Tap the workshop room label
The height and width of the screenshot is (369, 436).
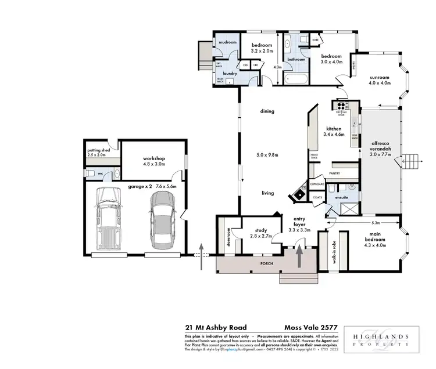click(x=154, y=161)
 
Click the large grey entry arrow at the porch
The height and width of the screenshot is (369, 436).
click(x=300, y=256)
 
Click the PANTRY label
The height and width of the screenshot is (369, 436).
click(x=334, y=173)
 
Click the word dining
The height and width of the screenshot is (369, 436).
click(x=267, y=111)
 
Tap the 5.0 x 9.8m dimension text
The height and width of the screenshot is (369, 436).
click(x=267, y=155)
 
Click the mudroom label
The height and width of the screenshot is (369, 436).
click(x=226, y=42)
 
